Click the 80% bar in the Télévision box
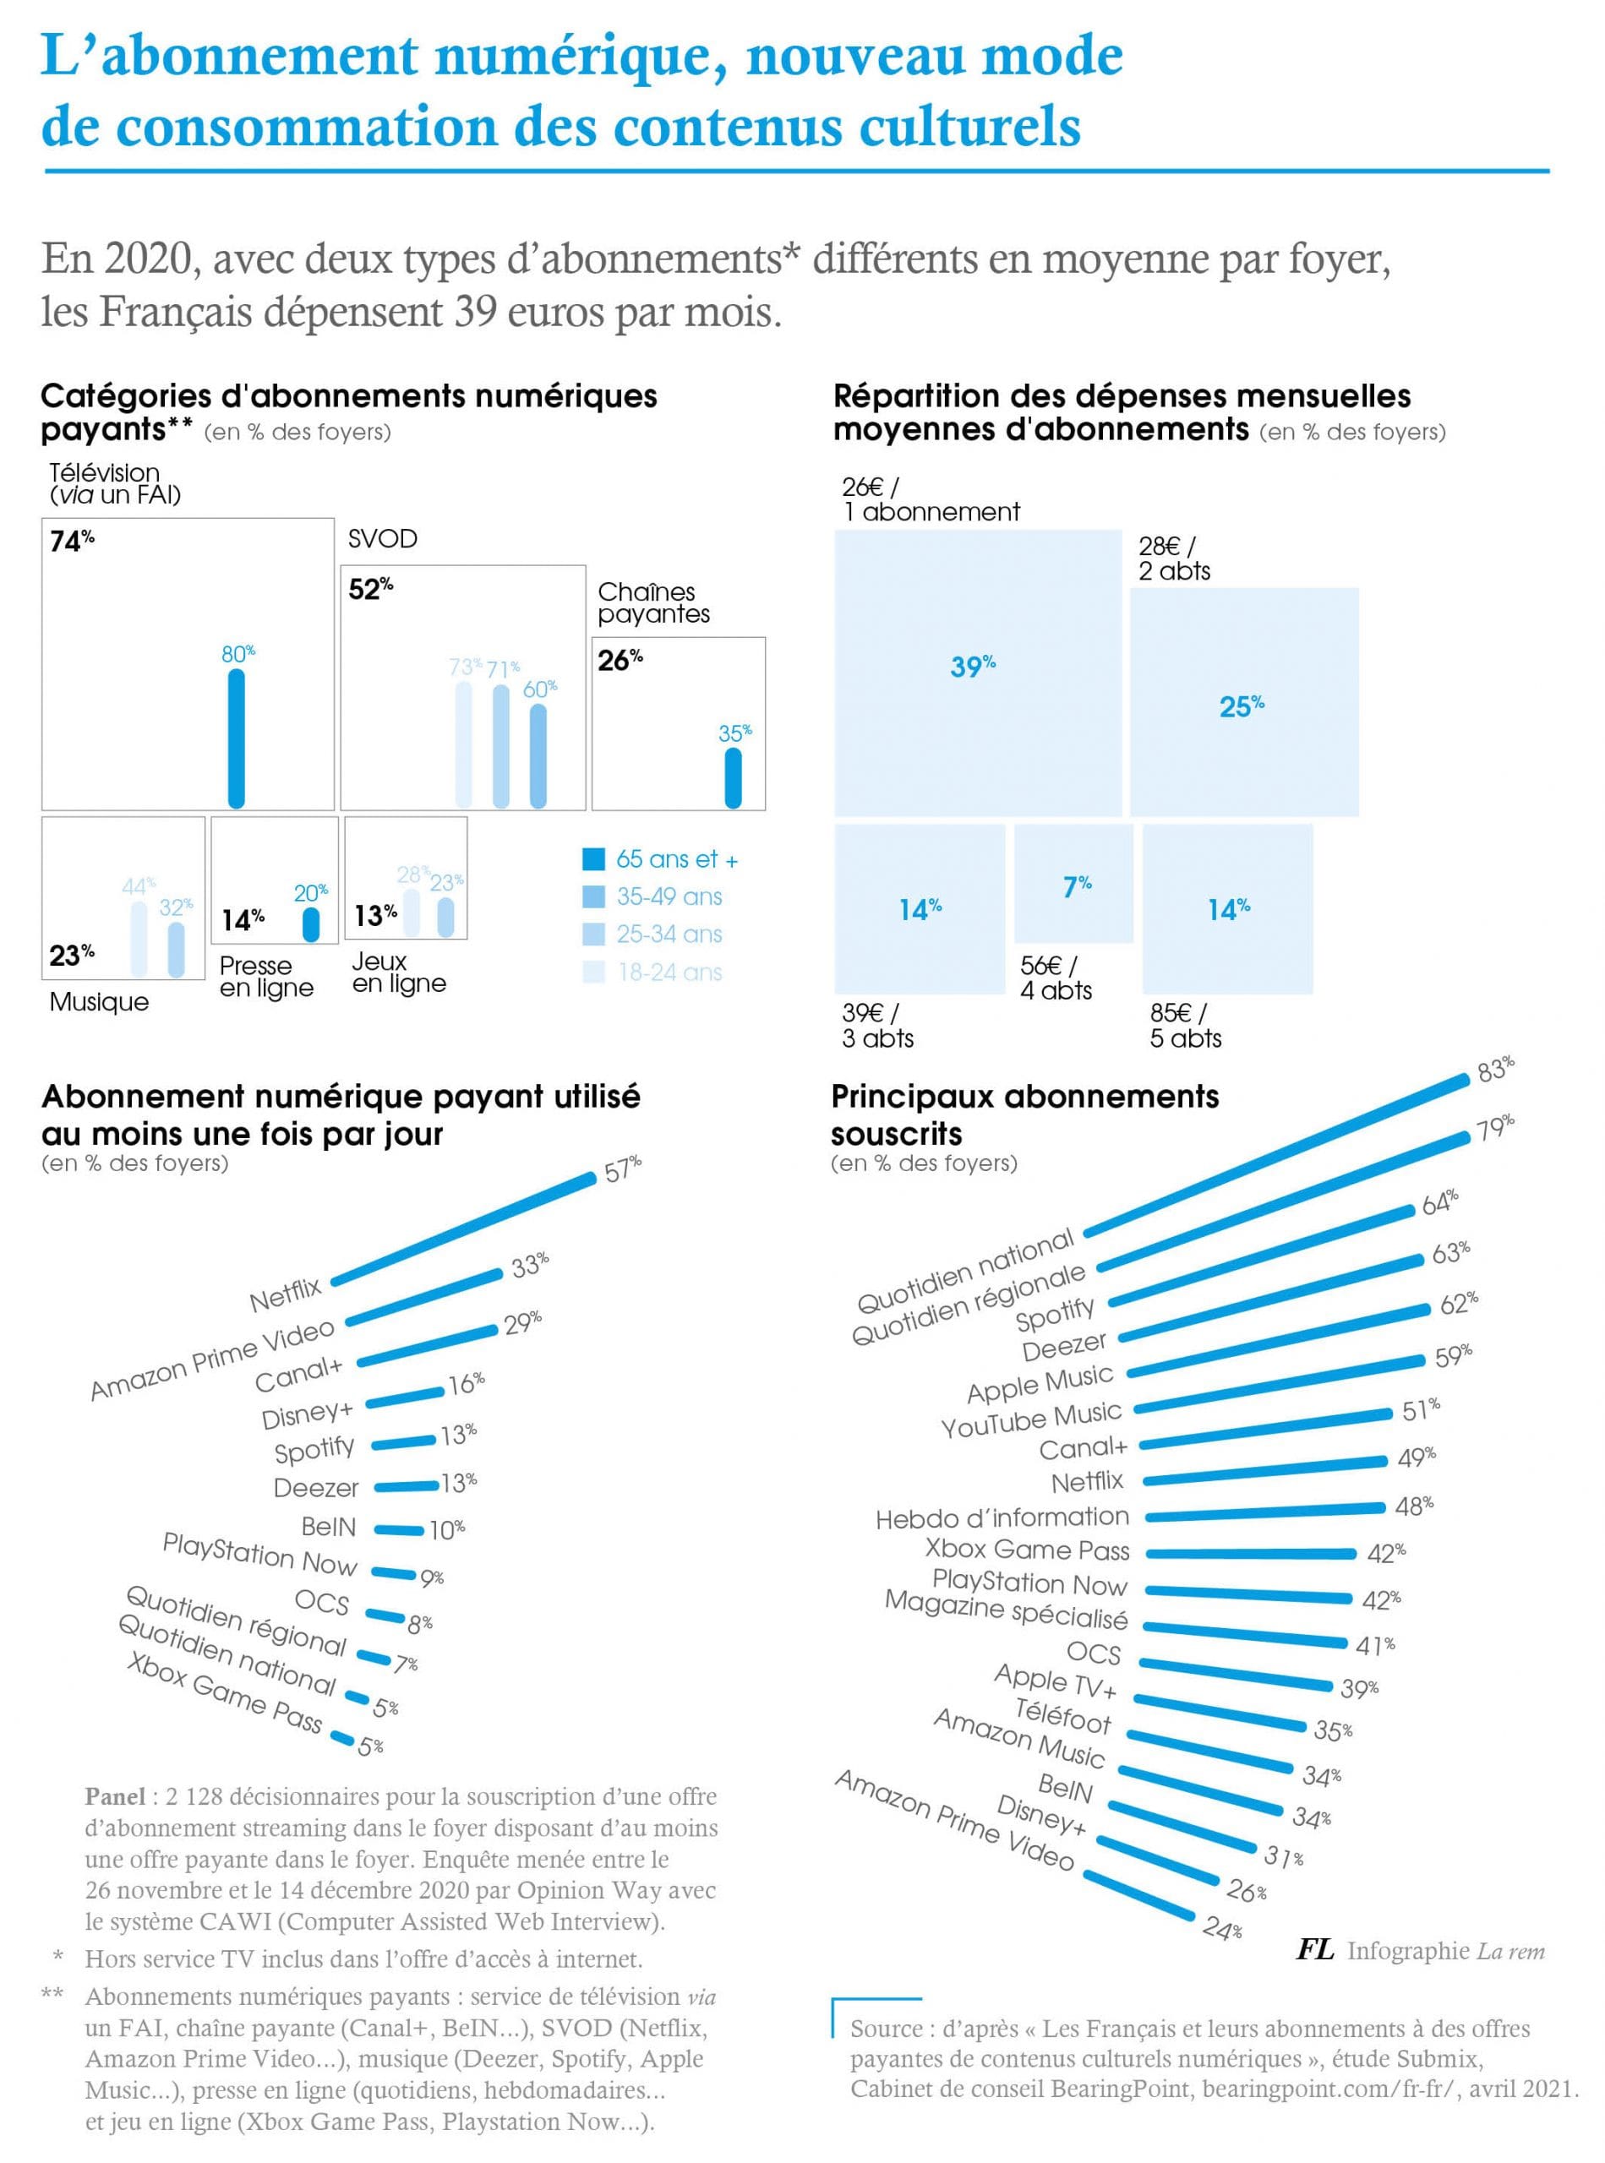tap(236, 738)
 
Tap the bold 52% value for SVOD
tap(370, 589)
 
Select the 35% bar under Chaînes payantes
tap(734, 778)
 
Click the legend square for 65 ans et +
tap(592, 859)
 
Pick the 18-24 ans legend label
tap(669, 973)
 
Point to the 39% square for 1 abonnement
tap(977, 672)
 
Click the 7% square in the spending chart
tap(1073, 883)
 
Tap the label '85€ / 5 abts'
tap(1184, 1026)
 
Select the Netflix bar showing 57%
tap(463, 1229)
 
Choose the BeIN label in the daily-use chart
tap(329, 1527)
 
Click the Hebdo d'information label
tap(1002, 1518)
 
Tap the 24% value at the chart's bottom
tap(1220, 1928)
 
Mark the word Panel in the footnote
tap(115, 1797)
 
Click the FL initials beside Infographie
tap(1314, 1950)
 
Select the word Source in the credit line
tap(886, 2029)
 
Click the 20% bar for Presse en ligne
tap(311, 923)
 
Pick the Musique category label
tap(99, 1002)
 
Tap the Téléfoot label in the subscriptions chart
tap(1062, 1715)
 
